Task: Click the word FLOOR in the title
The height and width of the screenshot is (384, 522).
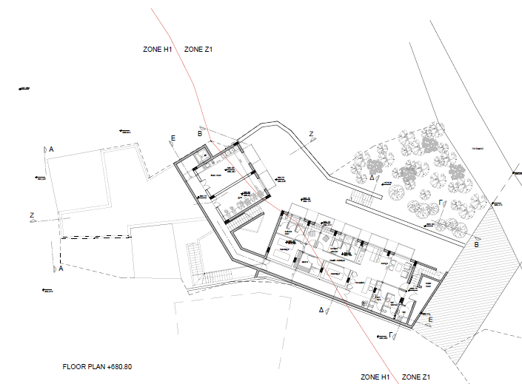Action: [x=75, y=367]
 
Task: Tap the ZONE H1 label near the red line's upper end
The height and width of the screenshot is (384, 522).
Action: [x=157, y=49]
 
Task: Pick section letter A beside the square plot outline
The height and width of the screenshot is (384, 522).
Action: [x=52, y=149]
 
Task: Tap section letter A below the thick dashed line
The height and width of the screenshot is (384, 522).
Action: [x=61, y=269]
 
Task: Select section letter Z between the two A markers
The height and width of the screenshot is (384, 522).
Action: [x=33, y=215]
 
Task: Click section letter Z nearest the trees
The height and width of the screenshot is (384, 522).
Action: [x=312, y=134]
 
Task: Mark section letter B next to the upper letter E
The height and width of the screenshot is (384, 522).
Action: [x=199, y=133]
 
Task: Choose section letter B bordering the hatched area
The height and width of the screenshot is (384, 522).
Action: [x=476, y=244]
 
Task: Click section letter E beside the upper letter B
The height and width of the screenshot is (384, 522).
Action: [x=173, y=138]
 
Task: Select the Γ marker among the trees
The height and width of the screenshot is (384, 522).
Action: [x=441, y=201]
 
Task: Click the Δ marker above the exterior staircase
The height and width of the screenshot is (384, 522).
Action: [x=372, y=178]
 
